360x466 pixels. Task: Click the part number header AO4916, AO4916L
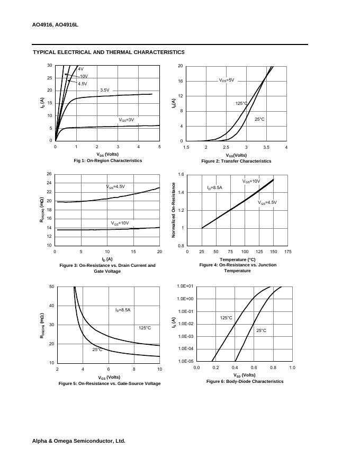tap(55, 25)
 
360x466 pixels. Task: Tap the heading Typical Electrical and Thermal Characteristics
tap(109, 52)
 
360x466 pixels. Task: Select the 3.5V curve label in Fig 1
tap(105, 90)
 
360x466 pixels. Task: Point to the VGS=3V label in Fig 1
tap(126, 120)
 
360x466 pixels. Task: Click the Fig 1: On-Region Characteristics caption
tap(108, 160)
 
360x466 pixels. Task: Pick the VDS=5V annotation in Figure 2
tap(226, 80)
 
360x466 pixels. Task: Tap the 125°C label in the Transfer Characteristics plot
tap(241, 103)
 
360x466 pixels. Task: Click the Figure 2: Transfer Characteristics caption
tap(236, 161)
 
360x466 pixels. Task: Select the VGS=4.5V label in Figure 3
tap(115, 186)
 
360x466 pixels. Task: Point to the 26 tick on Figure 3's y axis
tap(49, 174)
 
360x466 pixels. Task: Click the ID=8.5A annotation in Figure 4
tap(214, 187)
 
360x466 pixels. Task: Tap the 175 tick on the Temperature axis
tap(288, 252)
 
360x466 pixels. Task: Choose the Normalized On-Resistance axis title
tap(173, 210)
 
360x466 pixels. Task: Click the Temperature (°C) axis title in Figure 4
tap(238, 259)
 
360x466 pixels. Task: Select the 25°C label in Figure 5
tap(97, 349)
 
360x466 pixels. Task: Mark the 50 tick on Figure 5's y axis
tap(51, 286)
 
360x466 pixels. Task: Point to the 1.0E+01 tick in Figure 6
tap(185, 286)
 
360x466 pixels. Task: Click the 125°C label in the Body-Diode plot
tap(226, 318)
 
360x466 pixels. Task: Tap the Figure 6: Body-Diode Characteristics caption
tap(245, 381)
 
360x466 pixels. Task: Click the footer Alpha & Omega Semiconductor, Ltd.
tap(79, 441)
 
